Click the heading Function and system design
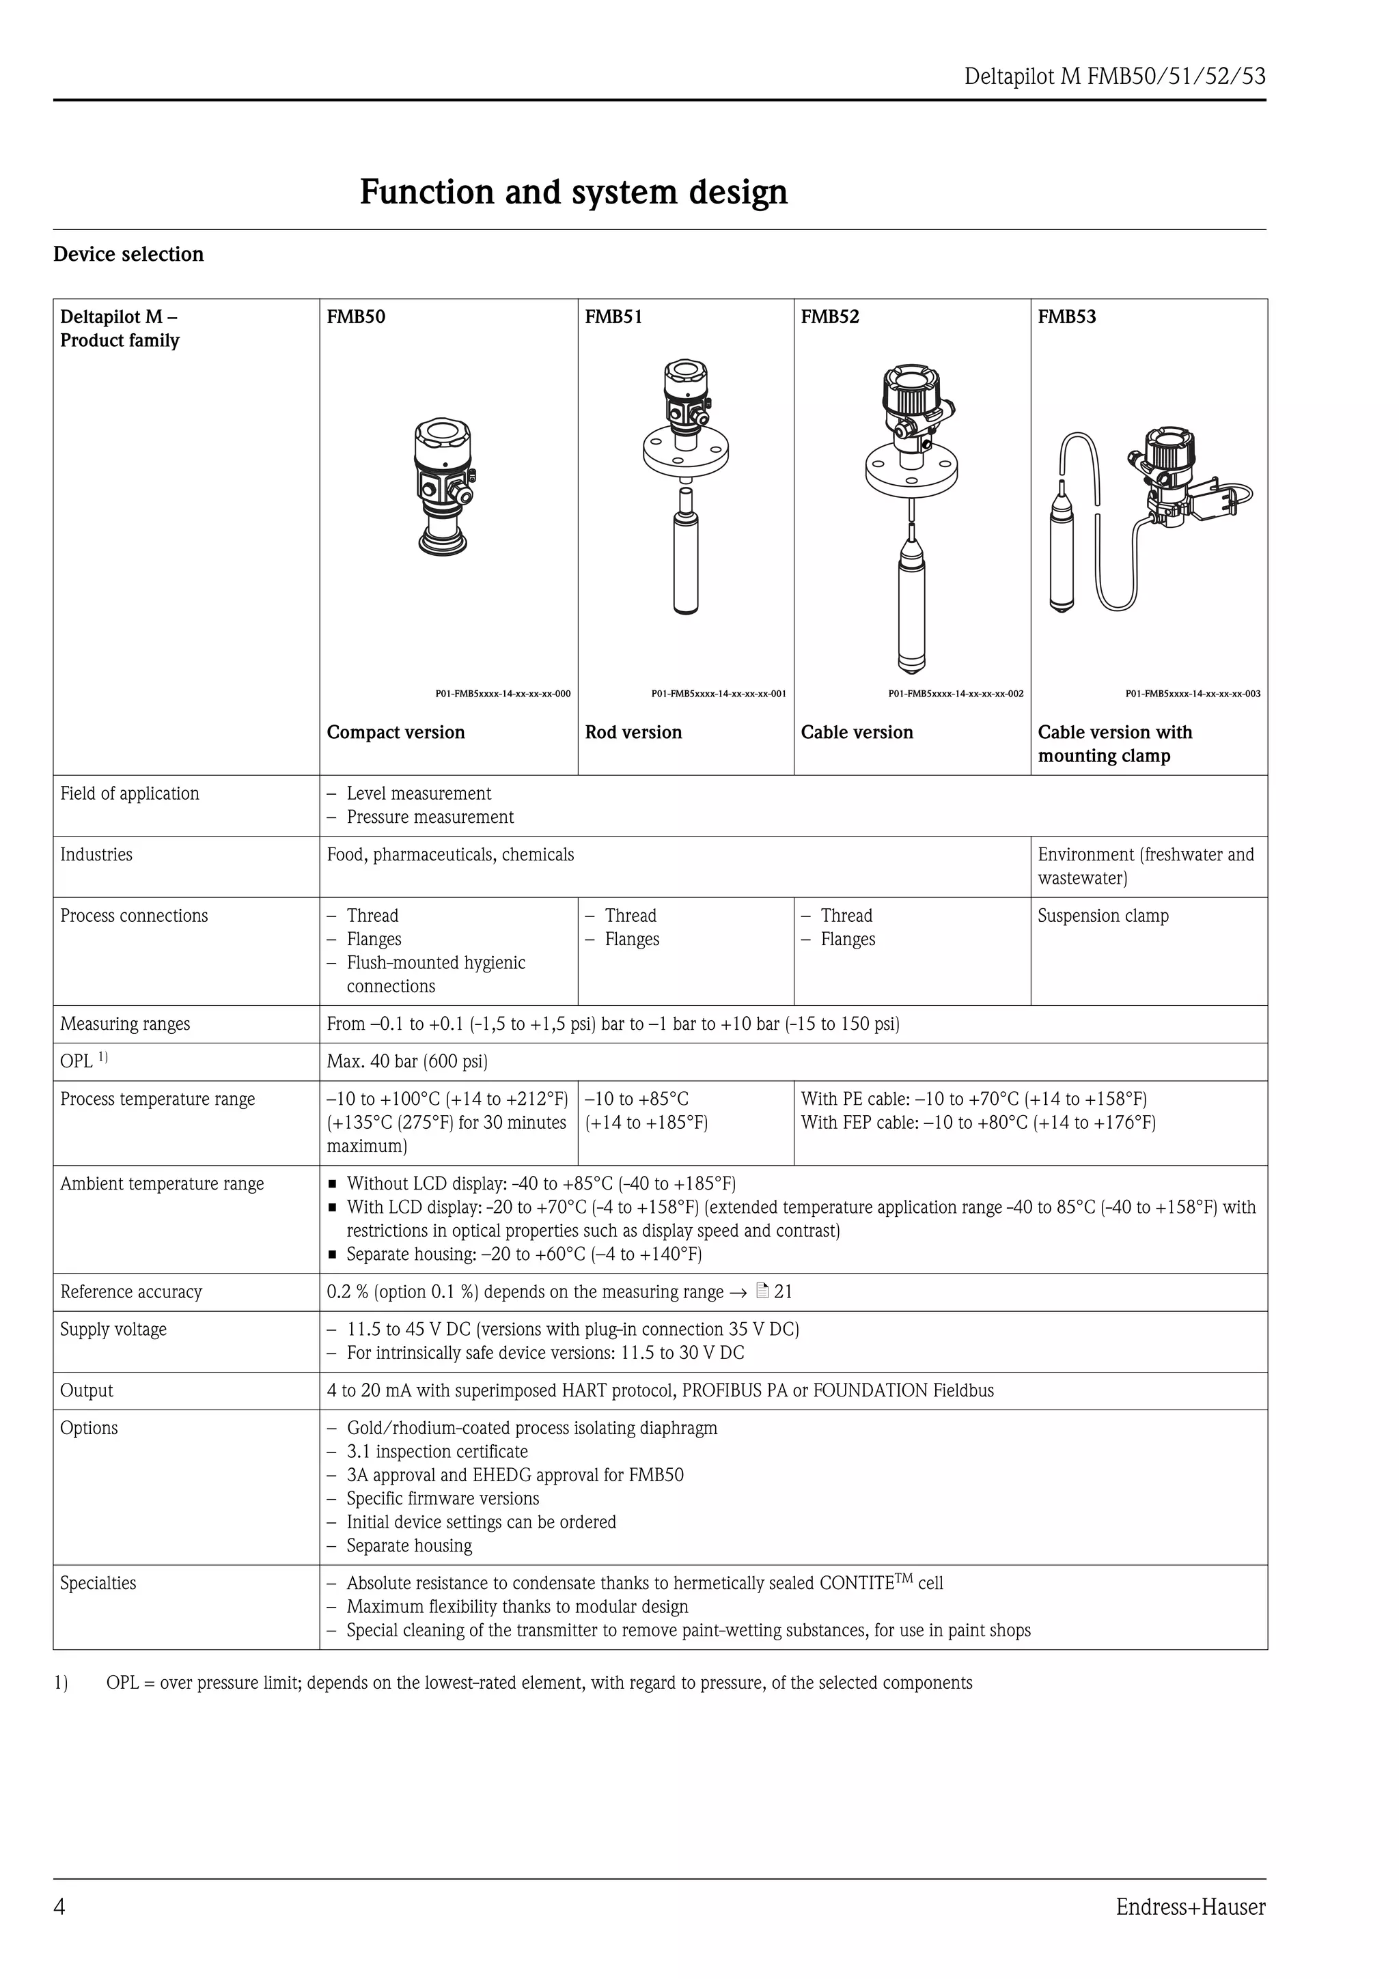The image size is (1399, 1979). click(x=573, y=191)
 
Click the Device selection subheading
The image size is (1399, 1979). click(x=128, y=254)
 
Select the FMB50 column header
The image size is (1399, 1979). click(x=355, y=316)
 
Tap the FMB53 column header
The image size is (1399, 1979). click(x=1066, y=316)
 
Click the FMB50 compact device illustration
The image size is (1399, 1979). click(x=444, y=487)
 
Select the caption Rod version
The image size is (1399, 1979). click(x=633, y=732)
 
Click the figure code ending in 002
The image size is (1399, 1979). click(x=955, y=693)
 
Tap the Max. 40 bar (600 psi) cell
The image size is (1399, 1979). click(x=407, y=1061)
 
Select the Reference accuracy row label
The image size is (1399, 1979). click(x=131, y=1291)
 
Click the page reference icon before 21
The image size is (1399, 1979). click(x=761, y=1291)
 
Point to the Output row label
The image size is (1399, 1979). click(x=86, y=1390)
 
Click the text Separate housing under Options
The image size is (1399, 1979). click(x=408, y=1545)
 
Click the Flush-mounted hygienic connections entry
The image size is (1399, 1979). click(x=435, y=974)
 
